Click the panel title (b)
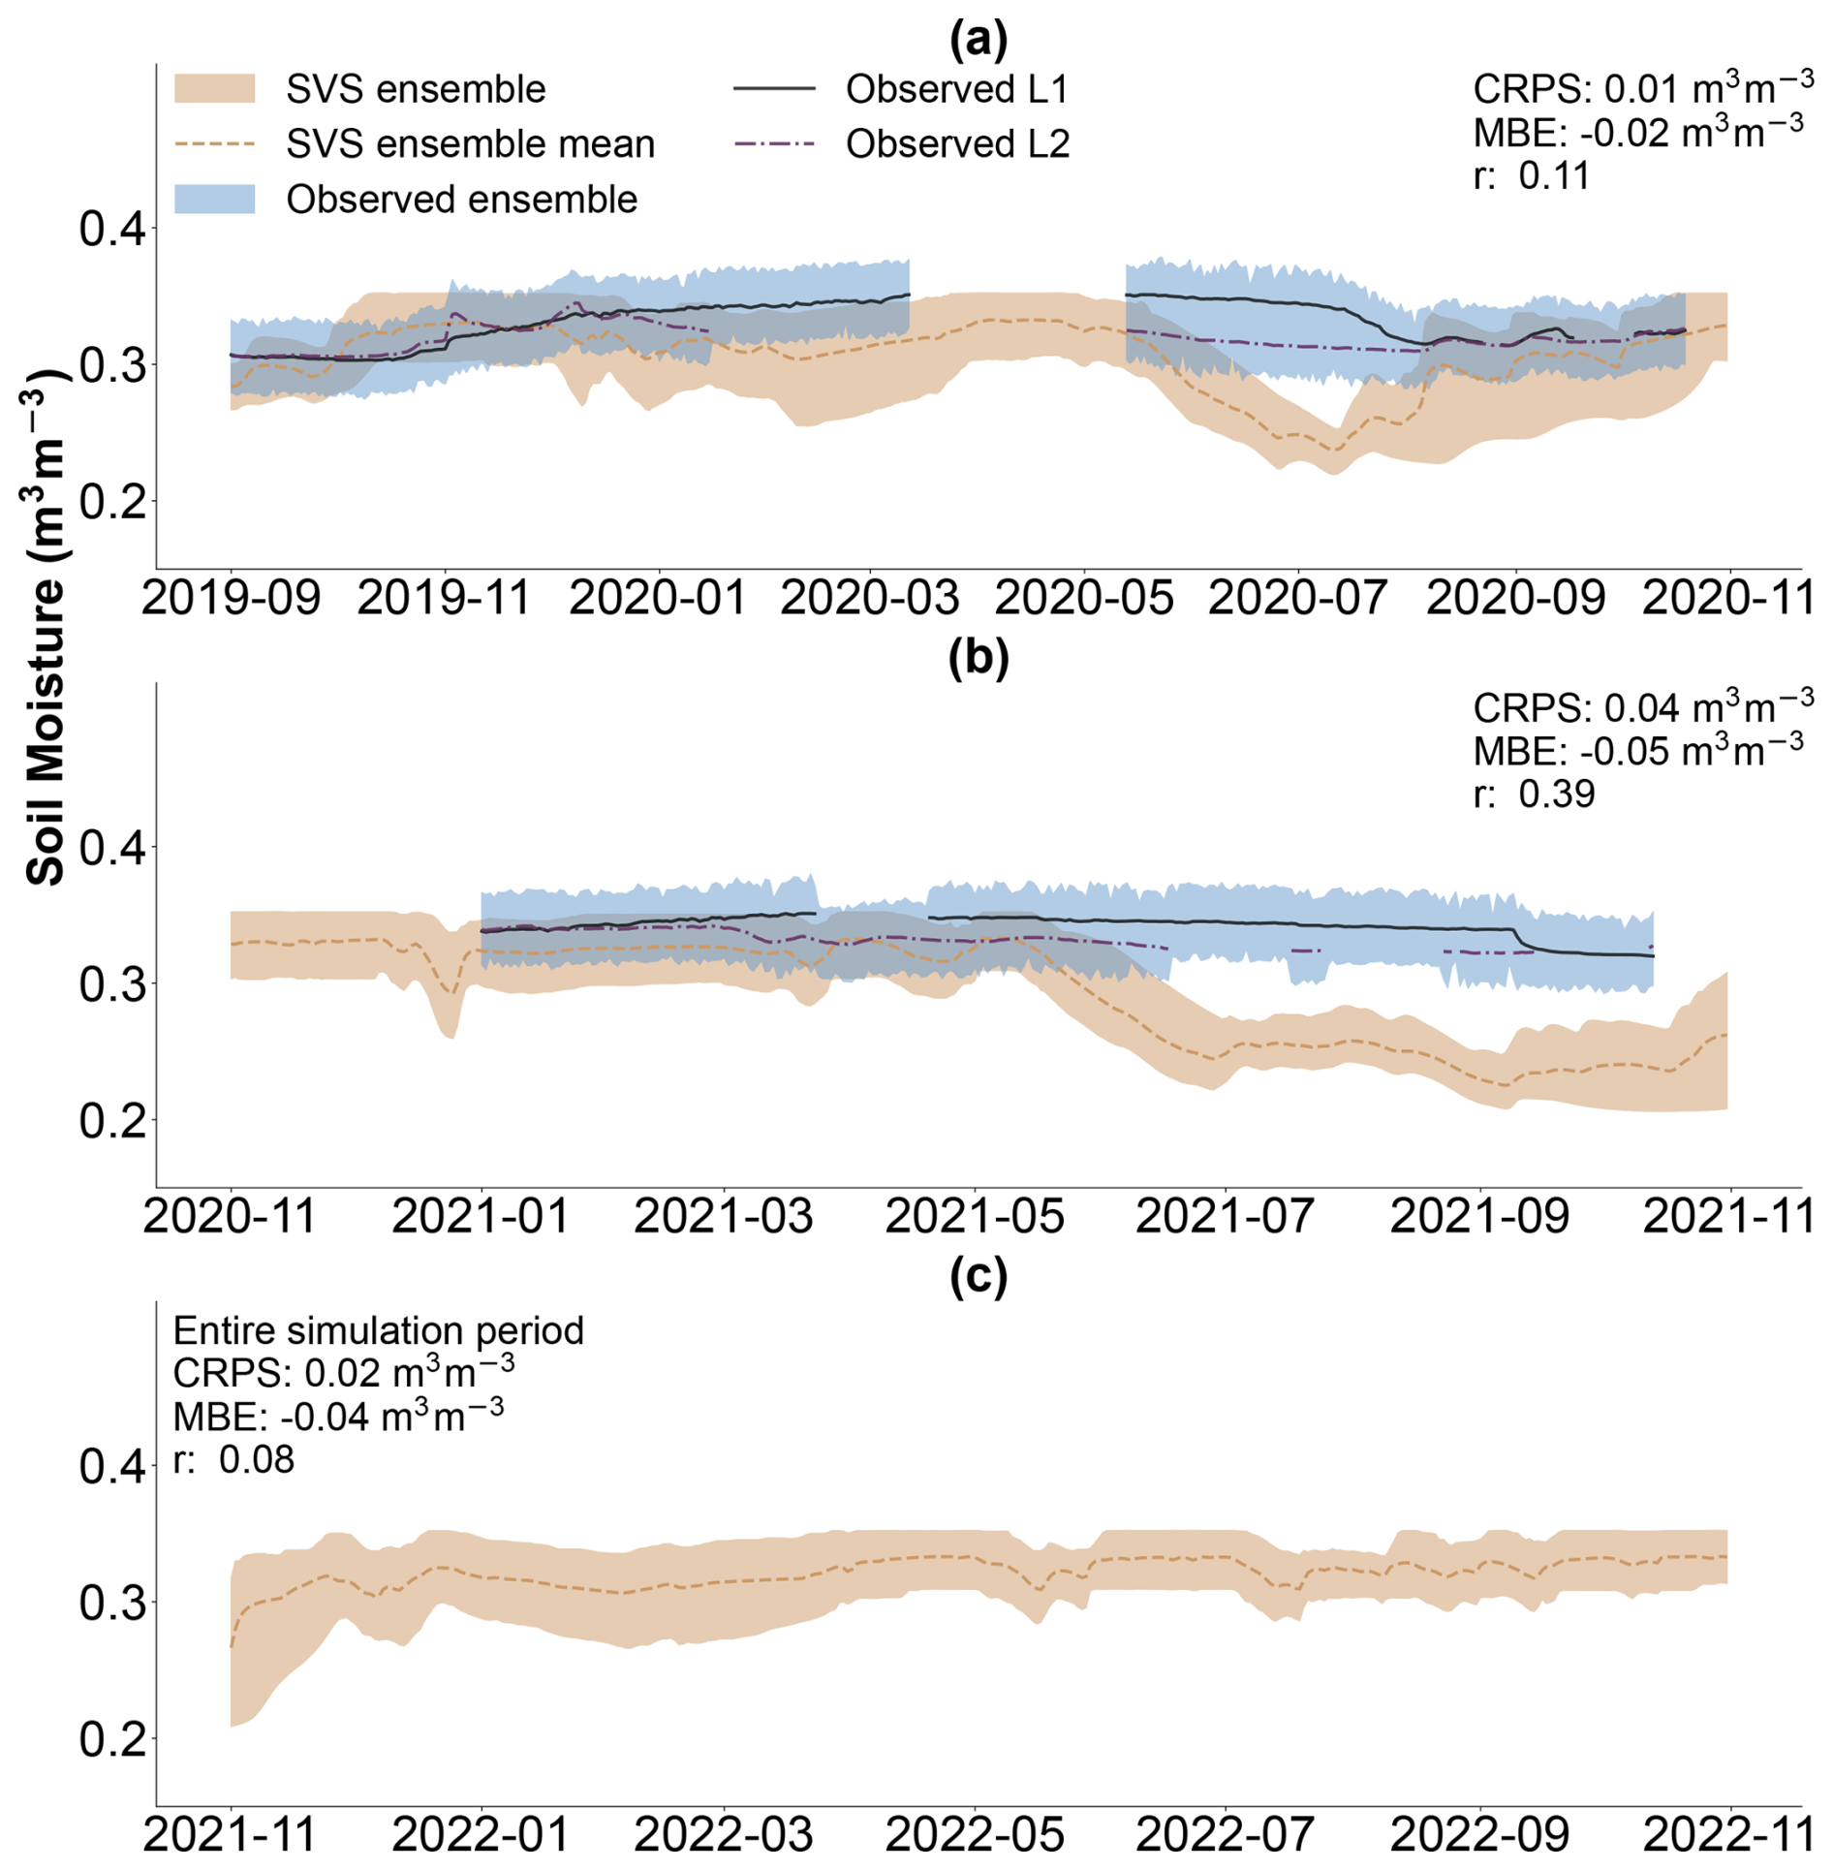point(978,657)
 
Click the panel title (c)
point(978,1276)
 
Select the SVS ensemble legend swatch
point(214,89)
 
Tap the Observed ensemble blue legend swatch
point(214,200)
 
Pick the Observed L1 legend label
point(956,89)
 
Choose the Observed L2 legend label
point(957,144)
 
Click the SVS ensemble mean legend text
point(470,144)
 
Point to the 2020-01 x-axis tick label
point(658,598)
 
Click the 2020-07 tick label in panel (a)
point(1297,598)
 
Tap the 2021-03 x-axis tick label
point(724,1216)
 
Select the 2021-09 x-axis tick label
point(1479,1216)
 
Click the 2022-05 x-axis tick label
point(975,1834)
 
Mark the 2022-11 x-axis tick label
point(1728,1834)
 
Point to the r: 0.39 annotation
point(1534,794)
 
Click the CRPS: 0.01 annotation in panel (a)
point(1643,88)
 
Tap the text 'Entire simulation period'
point(378,1330)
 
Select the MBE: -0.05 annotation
point(1637,751)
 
